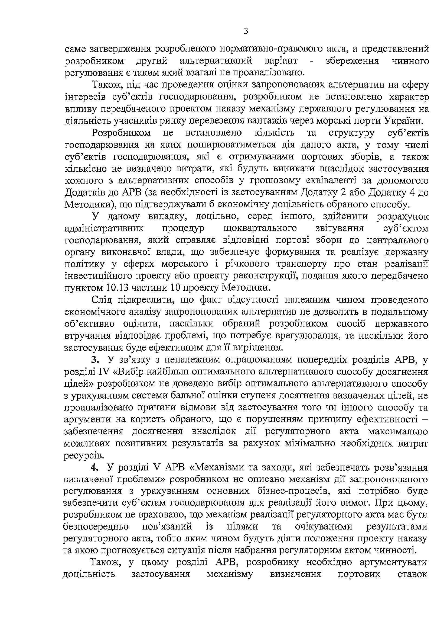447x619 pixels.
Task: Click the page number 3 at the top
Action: (246, 31)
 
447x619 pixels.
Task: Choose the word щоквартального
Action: (260, 228)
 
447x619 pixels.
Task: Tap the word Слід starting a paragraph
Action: (102, 300)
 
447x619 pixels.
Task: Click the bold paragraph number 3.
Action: (94, 360)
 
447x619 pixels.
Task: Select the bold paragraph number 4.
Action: (94, 467)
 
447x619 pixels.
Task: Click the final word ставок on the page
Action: (412, 574)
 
